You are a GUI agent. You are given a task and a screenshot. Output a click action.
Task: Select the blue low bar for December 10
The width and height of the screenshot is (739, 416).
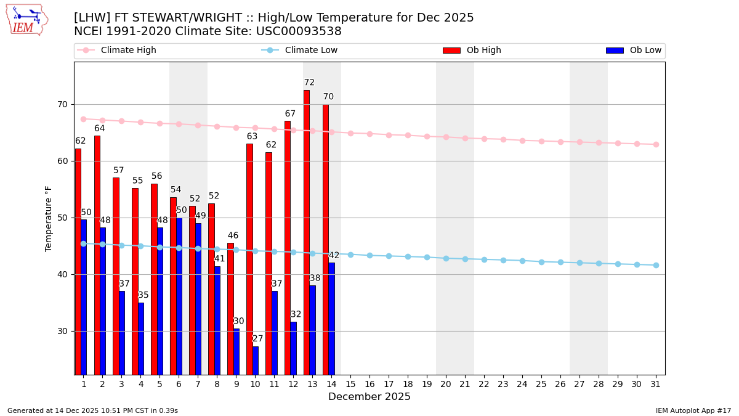point(256,361)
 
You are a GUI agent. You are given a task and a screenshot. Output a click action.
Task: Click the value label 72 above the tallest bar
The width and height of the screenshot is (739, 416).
point(309,83)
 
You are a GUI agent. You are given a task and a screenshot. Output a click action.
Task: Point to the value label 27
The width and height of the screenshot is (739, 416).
point(257,339)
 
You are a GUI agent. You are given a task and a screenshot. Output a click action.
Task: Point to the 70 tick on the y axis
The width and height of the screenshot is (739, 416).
point(62,104)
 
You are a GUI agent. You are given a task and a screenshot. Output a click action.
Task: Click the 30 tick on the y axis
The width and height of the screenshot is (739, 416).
point(62,331)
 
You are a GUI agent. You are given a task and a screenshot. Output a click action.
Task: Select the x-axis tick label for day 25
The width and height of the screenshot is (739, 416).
point(541,384)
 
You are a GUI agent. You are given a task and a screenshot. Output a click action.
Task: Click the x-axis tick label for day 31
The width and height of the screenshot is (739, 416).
point(656,384)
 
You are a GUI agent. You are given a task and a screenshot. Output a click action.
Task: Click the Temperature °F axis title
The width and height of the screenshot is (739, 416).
point(49,218)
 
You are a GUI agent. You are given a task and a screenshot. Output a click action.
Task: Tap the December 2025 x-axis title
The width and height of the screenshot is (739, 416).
point(369,397)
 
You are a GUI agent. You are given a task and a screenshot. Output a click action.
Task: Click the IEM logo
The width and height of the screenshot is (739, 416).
point(26,20)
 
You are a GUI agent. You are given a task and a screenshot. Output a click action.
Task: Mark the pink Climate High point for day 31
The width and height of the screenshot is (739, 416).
point(656,144)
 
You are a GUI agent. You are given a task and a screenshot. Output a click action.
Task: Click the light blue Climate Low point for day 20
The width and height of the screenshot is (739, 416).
point(446,258)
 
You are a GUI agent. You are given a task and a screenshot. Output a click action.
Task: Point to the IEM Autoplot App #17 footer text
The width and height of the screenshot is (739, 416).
point(693,410)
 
